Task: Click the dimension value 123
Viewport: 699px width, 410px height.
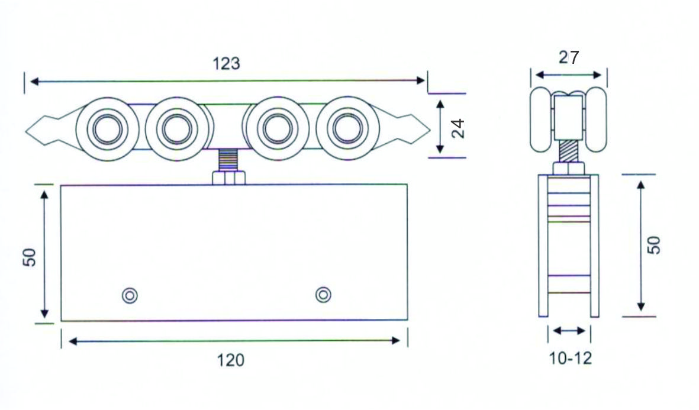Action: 227,64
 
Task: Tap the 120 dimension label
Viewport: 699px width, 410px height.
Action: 231,360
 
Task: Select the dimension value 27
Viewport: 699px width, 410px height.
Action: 569,57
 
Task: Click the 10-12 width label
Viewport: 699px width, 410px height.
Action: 570,358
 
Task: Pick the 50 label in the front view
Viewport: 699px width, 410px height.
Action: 30,257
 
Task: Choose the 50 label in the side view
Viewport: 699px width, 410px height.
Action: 653,245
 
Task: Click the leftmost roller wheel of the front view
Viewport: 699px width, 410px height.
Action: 107,128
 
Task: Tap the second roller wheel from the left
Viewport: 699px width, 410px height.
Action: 177,128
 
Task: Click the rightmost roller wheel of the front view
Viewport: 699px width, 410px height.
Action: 346,128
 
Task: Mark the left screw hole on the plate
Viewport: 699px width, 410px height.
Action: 130,295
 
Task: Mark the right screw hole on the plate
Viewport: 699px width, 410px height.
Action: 323,294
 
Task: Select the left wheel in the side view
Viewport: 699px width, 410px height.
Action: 540,118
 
